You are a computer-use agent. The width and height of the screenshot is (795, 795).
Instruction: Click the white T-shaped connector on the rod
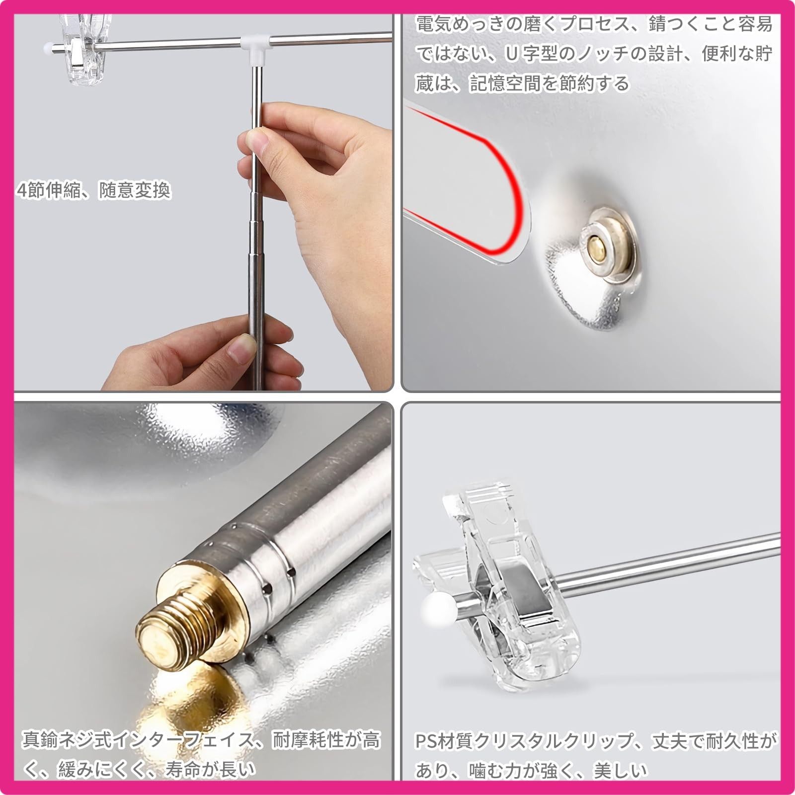coord(255,47)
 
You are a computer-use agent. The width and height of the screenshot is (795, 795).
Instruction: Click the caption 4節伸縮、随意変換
coord(93,190)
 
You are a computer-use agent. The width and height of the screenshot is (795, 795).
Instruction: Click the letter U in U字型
coord(512,54)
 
